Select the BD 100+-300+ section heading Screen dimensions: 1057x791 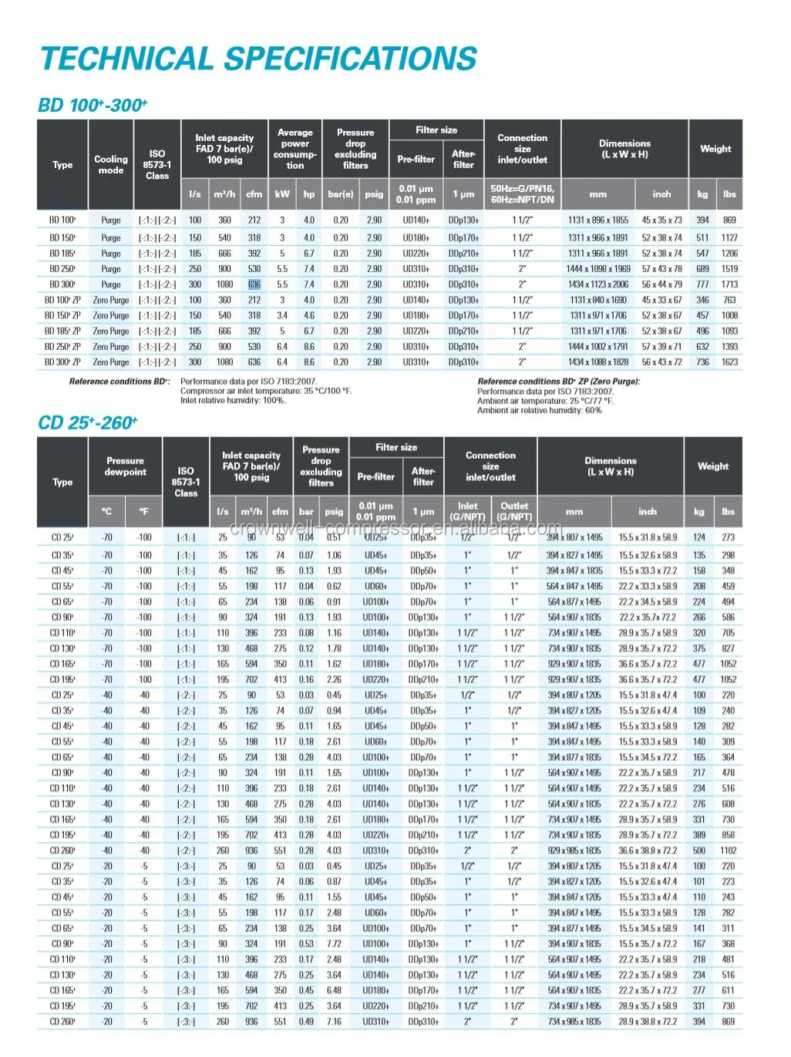(93, 105)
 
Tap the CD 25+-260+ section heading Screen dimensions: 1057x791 (87, 422)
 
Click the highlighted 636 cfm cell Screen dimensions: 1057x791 (254, 284)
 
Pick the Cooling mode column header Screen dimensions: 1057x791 (111, 164)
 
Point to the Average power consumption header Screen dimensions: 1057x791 (295, 149)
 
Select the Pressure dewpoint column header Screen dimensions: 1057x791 (125, 466)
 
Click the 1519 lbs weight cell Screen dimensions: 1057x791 (729, 269)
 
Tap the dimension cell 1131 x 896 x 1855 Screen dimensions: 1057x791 (598, 220)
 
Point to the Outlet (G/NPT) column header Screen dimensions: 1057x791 (514, 511)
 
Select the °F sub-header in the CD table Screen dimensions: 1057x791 (143, 511)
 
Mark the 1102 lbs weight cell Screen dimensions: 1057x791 (728, 850)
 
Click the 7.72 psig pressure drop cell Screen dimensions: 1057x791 (334, 944)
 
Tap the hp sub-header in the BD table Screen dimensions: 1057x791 (309, 194)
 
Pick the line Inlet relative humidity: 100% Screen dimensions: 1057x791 (233, 401)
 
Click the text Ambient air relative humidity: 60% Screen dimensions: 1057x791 (540, 411)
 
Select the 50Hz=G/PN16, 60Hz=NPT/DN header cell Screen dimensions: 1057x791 (523, 194)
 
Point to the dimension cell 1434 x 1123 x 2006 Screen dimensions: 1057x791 (598, 284)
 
